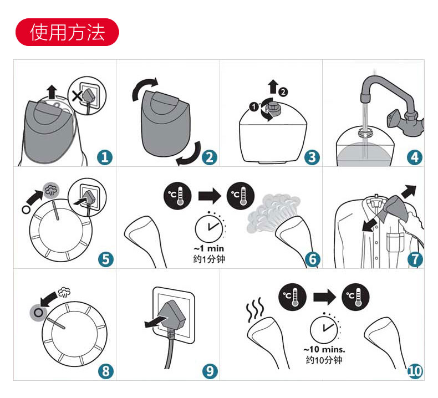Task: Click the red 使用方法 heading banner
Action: [x=67, y=33]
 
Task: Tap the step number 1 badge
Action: [x=105, y=157]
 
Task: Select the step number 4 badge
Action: [x=415, y=157]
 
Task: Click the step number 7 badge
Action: [x=415, y=259]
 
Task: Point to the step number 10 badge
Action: [x=415, y=371]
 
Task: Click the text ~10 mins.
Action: [x=324, y=350]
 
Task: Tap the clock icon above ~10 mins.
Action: [x=324, y=328]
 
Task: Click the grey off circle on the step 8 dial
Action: [x=37, y=310]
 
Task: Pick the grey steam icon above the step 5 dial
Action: [x=51, y=189]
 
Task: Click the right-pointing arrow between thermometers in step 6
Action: [x=209, y=196]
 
